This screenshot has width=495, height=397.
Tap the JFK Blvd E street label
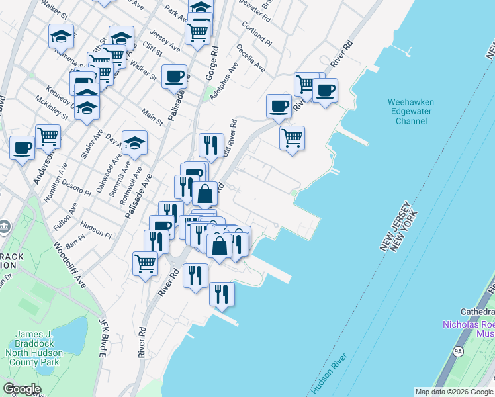click(103, 337)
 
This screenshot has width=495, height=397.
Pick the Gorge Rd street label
click(212, 64)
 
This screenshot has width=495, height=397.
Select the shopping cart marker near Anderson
click(48, 136)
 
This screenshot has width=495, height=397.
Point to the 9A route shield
click(458, 351)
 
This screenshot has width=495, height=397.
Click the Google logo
click(22, 389)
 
